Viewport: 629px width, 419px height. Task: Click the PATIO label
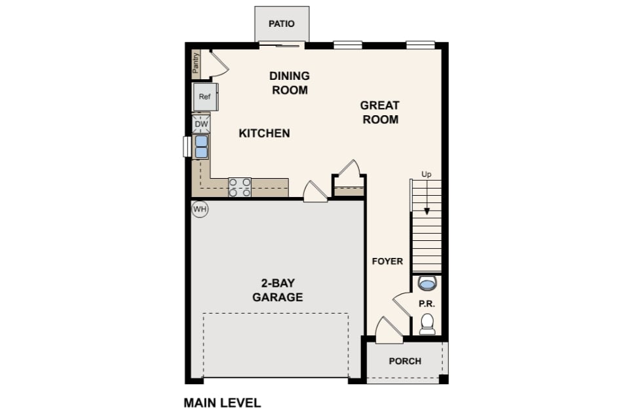click(x=281, y=24)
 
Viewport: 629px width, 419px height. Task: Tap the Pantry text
click(x=196, y=63)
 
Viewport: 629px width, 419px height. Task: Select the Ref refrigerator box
click(x=205, y=97)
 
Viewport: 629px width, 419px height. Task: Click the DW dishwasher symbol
click(x=201, y=124)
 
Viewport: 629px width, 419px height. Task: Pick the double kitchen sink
click(x=201, y=147)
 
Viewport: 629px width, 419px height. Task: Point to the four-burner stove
click(x=240, y=187)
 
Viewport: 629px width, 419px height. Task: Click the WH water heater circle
click(x=200, y=209)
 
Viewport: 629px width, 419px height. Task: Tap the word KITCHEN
click(x=264, y=133)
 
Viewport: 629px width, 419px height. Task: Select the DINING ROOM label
click(x=290, y=83)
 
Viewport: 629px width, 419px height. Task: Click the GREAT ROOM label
click(x=380, y=112)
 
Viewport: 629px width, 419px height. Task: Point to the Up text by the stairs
click(x=427, y=174)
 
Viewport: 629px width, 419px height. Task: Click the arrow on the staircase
click(x=427, y=197)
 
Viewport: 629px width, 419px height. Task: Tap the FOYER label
click(x=387, y=261)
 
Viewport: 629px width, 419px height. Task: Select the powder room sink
click(x=427, y=283)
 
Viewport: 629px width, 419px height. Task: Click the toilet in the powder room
click(x=427, y=324)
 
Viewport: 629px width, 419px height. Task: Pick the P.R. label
click(x=427, y=304)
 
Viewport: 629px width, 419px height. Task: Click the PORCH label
click(x=405, y=361)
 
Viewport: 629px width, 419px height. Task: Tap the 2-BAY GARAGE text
click(x=278, y=290)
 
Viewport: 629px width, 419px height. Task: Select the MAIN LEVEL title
click(x=222, y=403)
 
